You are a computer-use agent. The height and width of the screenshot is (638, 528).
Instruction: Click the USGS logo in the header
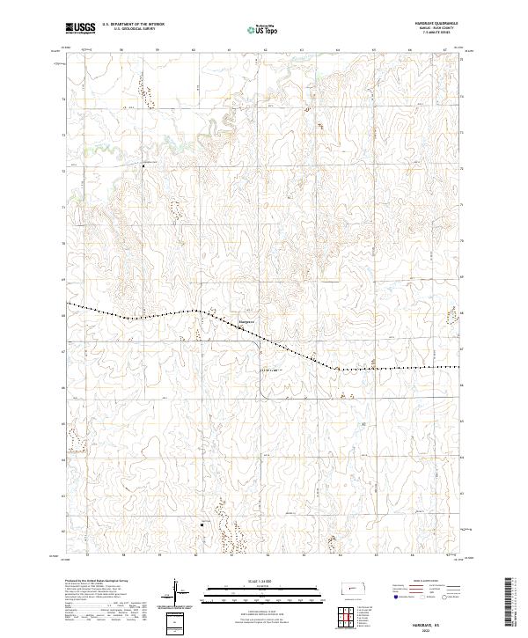point(80,28)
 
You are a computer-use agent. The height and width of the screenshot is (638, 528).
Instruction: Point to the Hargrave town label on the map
point(248,321)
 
